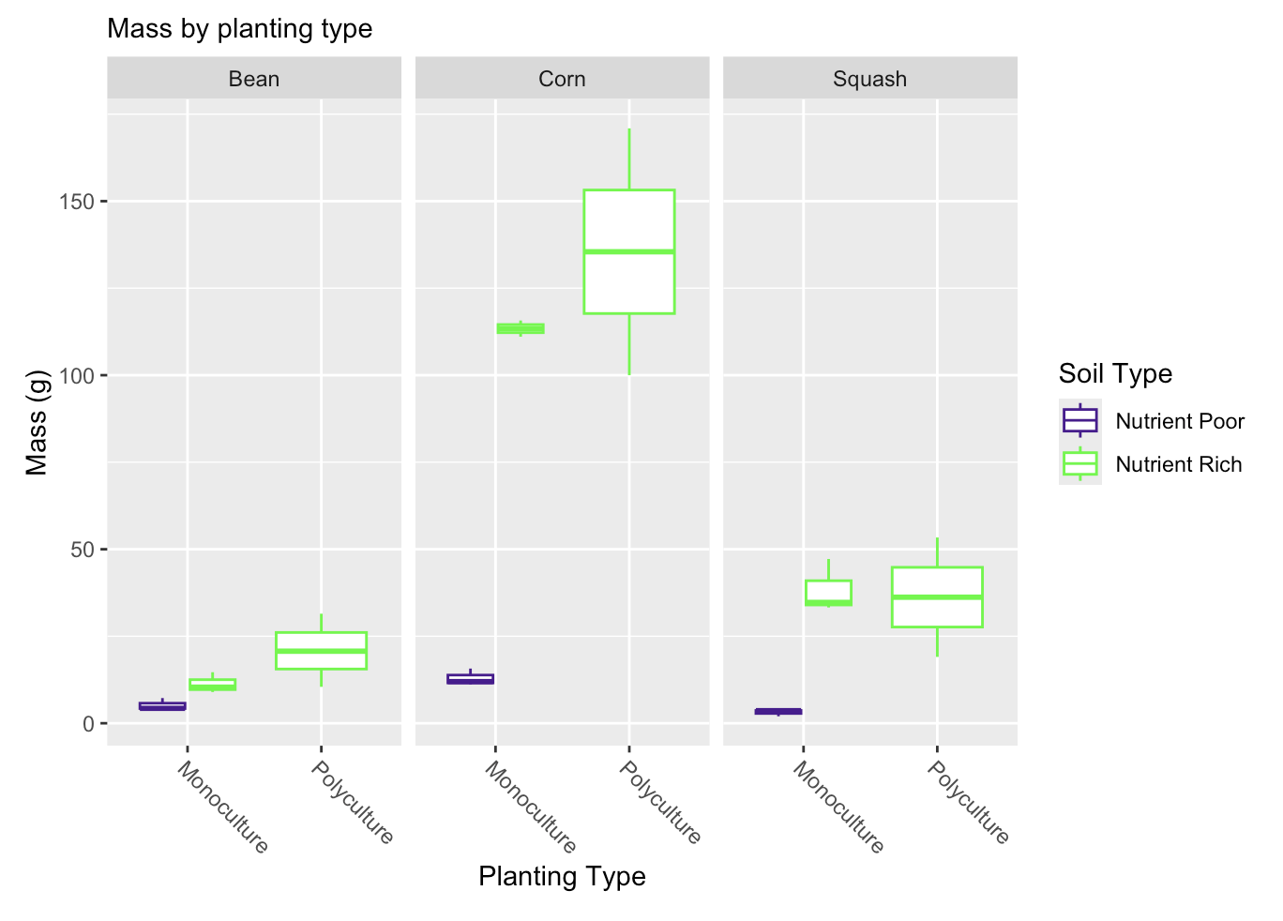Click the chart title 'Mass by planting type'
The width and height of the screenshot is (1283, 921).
239,29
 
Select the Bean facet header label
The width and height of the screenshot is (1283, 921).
254,79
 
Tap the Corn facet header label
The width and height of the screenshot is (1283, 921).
562,79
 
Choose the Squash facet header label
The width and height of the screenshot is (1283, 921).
869,79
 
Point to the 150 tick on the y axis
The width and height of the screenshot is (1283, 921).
77,202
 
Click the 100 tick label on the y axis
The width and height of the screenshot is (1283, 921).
77,376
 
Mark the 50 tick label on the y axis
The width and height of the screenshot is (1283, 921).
83,550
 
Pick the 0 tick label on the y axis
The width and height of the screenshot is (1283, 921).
88,724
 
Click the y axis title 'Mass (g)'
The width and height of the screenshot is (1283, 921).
37,423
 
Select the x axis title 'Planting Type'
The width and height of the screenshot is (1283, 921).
562,876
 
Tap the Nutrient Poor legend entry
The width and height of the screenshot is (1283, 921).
1152,421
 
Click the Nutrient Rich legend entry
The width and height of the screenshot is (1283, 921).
1151,464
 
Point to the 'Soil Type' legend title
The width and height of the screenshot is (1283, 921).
1115,373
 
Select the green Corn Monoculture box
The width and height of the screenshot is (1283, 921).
521,328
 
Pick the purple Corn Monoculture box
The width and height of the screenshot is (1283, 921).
470,679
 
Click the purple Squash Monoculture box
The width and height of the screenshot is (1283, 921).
778,711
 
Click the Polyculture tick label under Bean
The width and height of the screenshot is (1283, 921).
352,802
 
